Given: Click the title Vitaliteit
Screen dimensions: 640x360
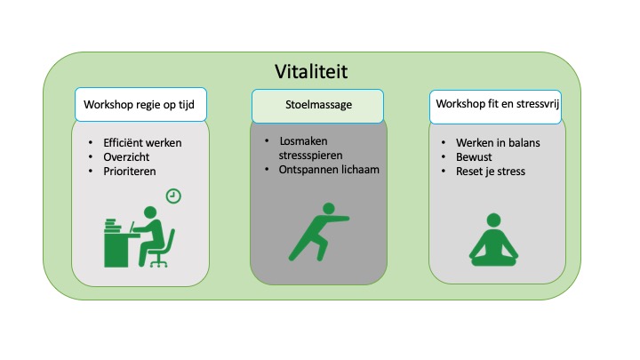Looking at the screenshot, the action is (x=311, y=71).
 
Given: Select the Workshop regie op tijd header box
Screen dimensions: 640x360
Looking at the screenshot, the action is (x=140, y=105).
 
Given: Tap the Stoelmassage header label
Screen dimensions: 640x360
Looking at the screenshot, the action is (x=318, y=105).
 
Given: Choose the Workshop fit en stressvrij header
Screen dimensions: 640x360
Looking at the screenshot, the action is (x=495, y=107).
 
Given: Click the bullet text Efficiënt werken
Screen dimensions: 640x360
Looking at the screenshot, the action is (x=142, y=143).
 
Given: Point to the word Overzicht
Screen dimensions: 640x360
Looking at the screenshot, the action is (x=126, y=157).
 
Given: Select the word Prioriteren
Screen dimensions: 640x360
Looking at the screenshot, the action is (x=130, y=172).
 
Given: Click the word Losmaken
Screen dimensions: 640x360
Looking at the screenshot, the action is (x=303, y=141).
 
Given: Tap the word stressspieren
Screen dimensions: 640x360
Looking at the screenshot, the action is (x=310, y=156).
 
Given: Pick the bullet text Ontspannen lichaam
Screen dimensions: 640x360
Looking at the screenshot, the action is (x=329, y=170).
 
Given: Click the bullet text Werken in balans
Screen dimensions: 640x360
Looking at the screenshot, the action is (x=498, y=143).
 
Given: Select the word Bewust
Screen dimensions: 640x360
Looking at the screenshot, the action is (x=474, y=157).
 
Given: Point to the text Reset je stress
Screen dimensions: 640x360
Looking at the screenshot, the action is (x=491, y=172).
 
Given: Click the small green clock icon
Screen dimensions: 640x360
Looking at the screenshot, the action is (x=173, y=196).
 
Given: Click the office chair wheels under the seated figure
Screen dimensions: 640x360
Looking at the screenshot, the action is (x=159, y=263).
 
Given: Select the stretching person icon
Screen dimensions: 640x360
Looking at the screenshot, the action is (x=319, y=232).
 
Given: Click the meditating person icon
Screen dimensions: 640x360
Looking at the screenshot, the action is (x=494, y=240).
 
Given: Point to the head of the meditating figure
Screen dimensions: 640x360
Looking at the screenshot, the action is (x=494, y=220).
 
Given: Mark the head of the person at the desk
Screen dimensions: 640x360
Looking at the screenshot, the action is (x=150, y=212).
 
